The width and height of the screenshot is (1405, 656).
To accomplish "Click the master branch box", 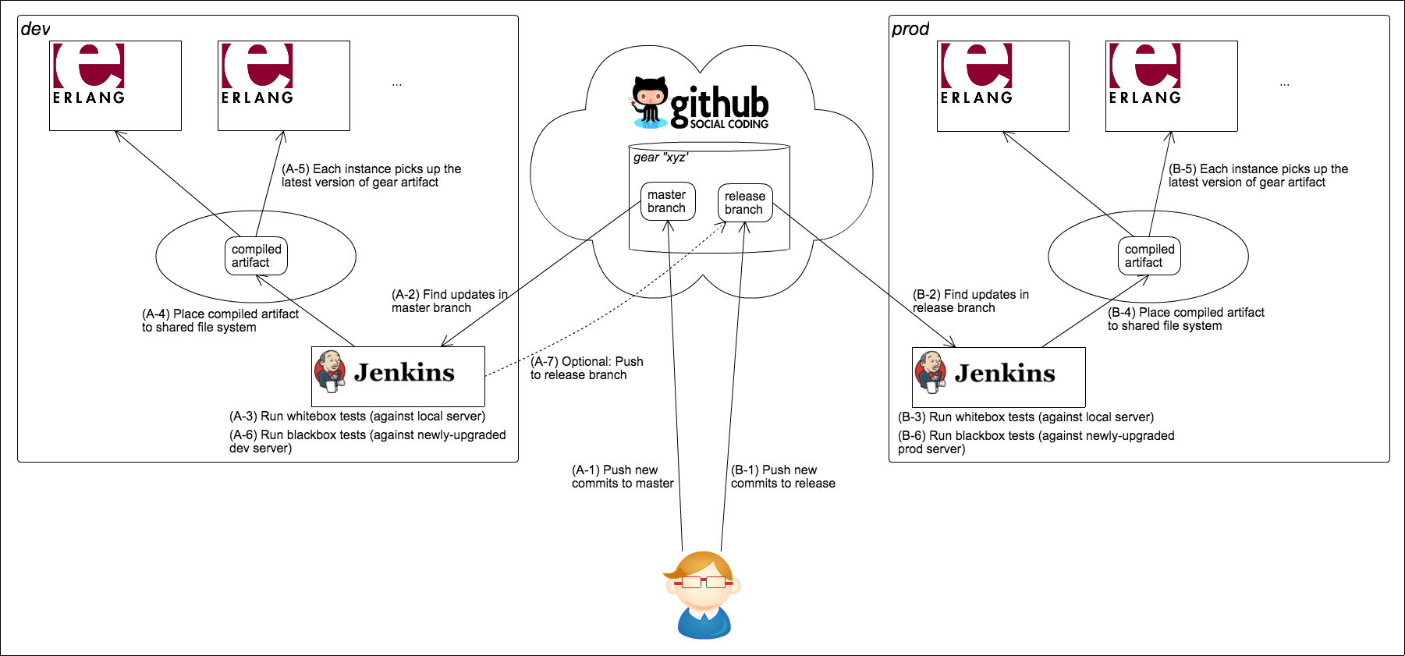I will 667,201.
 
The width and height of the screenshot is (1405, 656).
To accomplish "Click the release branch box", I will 744,203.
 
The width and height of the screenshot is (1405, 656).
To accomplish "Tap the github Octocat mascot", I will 650,102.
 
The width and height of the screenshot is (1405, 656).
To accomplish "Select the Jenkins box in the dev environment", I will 398,376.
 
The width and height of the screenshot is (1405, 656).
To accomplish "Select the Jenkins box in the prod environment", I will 999,377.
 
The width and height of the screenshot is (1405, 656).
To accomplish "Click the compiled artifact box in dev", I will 256,256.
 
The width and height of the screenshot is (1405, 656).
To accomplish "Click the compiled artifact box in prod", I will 1149,256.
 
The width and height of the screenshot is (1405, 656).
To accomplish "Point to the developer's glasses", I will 703,582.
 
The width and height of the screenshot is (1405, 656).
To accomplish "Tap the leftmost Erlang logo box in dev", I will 115,86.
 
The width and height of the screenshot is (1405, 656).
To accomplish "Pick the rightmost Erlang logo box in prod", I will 1171,86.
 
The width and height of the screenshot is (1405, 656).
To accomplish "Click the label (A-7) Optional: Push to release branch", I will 587,368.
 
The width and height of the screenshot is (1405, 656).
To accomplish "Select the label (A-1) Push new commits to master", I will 622,477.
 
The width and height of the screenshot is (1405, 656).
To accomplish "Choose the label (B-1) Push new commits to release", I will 782,477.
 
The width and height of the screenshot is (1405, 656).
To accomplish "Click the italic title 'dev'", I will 35,30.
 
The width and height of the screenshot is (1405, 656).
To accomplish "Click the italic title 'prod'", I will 910,30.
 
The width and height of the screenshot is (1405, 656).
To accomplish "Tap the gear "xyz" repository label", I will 660,158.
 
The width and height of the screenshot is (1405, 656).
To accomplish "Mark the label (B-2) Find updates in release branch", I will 970,301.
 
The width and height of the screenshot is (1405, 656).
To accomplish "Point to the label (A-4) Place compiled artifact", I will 220,321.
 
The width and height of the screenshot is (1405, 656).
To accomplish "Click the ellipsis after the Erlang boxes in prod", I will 1284,83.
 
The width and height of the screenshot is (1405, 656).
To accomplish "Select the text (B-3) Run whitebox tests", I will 1025,417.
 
